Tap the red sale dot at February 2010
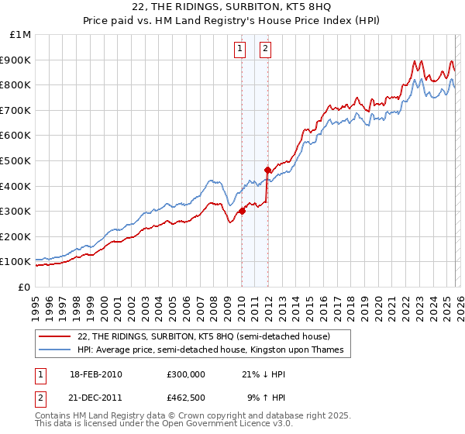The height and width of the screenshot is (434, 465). (x=242, y=210)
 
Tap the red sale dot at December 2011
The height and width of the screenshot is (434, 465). (x=267, y=170)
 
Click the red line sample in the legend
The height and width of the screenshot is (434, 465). (x=55, y=336)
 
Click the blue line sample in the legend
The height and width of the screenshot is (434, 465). (x=55, y=350)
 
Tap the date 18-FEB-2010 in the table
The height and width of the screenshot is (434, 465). (x=96, y=374)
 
